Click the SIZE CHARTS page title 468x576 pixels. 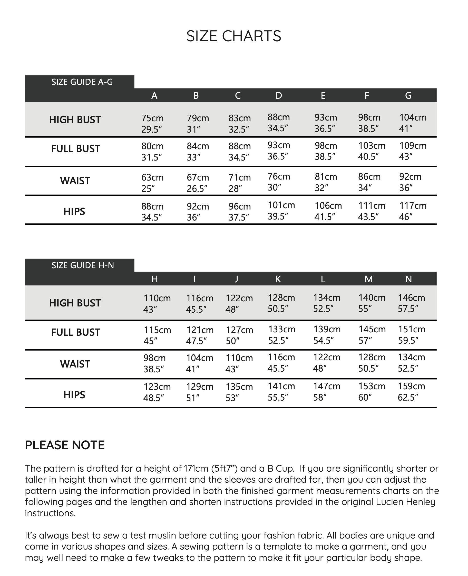pos(233,36)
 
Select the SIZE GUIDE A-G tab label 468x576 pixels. pos(82,82)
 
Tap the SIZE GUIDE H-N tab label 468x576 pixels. pos(83,265)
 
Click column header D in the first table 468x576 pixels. pos(279,95)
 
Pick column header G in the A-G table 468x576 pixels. pos(408,95)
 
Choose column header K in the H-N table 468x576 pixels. pos(278,279)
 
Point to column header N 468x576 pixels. pos(408,279)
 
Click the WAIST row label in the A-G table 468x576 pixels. pos(75,181)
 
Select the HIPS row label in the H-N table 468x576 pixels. pos(74,395)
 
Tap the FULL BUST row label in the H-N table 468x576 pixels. pos(75,332)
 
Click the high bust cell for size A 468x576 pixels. pos(152,124)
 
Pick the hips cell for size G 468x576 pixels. pos(413,211)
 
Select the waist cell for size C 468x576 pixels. pos(239,183)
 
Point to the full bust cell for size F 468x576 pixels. pos(372,151)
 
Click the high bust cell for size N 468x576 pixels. pos(411,303)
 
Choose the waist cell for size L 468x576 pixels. pos(326,363)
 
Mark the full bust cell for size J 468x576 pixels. pos(239,335)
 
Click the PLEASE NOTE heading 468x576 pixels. pos(65,445)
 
